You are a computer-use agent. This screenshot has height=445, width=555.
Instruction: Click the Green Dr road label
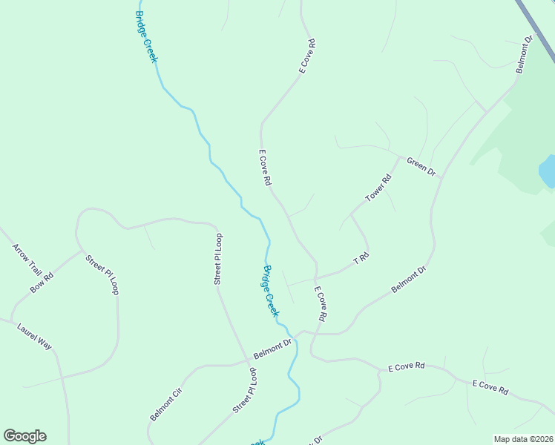[x=421, y=167]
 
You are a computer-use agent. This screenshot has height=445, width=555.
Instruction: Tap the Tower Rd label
[x=378, y=188]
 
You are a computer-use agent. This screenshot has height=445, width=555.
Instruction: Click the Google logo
[x=24, y=436]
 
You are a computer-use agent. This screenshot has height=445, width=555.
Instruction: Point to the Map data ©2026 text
[x=523, y=439]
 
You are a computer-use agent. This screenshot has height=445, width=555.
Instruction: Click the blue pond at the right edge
[x=548, y=171]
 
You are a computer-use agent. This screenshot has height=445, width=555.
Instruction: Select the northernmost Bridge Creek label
[x=146, y=36]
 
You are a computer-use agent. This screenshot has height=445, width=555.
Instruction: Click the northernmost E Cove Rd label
[x=307, y=56]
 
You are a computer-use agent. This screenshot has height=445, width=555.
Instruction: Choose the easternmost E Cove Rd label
[x=490, y=386]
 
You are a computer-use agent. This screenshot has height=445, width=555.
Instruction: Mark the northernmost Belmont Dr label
[x=525, y=54]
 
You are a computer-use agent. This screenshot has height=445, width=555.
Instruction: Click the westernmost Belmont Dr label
[x=272, y=345]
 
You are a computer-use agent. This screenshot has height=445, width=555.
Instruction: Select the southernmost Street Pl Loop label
[x=246, y=390]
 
